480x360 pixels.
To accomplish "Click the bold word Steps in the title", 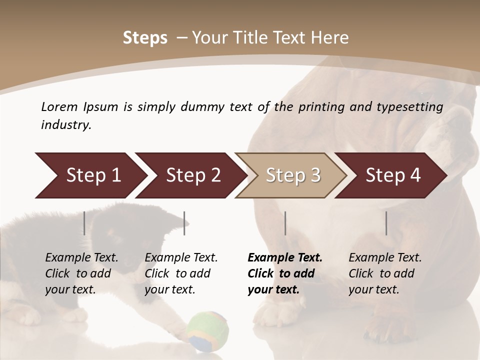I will click(145, 38).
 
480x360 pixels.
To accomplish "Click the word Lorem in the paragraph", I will click(59, 106).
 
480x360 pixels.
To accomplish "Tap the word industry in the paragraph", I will click(65, 124).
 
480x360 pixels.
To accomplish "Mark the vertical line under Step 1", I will click(84, 223).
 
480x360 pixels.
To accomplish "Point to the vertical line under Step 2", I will click(184, 223).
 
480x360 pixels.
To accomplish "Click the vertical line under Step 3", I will click(285, 223).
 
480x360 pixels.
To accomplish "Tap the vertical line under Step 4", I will click(386, 223).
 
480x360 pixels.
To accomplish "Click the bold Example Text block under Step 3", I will click(285, 273).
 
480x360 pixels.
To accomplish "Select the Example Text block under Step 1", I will click(82, 273).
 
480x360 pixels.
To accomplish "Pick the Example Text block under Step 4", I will click(385, 273).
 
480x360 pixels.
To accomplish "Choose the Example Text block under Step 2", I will click(181, 273).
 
